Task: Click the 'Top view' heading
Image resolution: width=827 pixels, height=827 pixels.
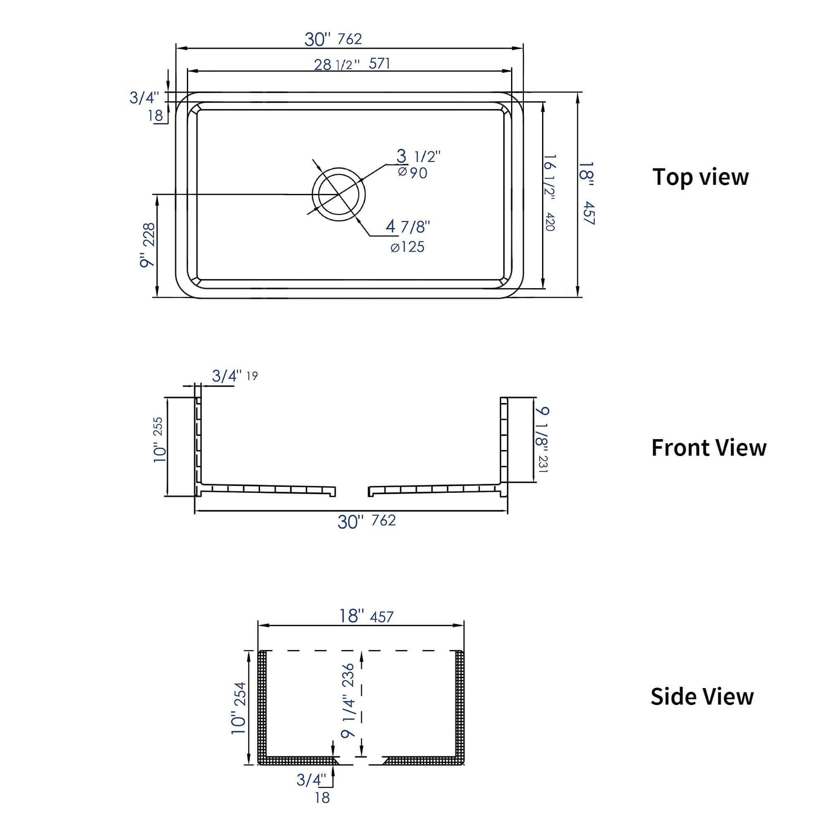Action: point(700,177)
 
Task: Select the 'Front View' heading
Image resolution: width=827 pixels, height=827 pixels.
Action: point(708,448)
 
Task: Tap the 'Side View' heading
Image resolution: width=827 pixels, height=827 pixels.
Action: point(702,696)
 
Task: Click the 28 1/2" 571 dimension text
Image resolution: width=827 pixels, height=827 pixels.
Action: point(352,64)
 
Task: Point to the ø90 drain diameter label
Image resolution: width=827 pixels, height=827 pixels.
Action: point(413,173)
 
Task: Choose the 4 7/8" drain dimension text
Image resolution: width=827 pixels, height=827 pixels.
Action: point(408,227)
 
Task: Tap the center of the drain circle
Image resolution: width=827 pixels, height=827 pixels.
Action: point(339,194)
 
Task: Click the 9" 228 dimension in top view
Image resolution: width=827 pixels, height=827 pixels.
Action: point(148,245)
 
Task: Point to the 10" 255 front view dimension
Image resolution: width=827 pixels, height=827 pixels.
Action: point(159,439)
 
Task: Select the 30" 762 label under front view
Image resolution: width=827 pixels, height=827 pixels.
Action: point(366,521)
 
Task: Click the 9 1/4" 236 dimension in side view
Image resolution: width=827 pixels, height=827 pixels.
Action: point(349,701)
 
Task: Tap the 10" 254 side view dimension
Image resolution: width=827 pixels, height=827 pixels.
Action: point(239,708)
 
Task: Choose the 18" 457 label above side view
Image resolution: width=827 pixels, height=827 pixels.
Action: point(366,616)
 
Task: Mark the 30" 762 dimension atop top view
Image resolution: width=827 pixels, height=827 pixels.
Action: point(333,39)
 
